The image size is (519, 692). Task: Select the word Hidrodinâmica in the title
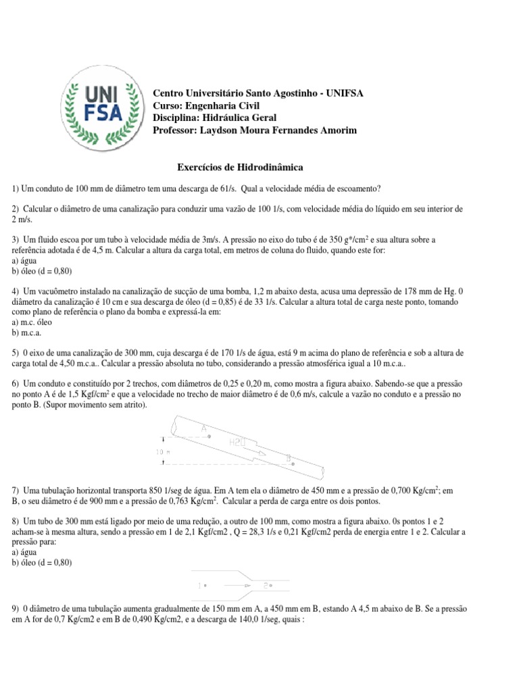tap(273, 165)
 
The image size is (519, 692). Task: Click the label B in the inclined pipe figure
tap(289, 458)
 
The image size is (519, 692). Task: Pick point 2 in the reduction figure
tap(266, 585)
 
